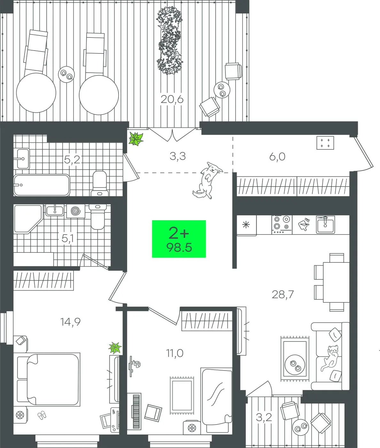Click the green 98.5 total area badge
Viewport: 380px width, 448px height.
coord(179,239)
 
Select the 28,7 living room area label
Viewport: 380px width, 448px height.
coord(283,294)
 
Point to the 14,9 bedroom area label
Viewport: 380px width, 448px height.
coord(70,322)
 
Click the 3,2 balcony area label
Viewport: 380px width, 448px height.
coord(264,417)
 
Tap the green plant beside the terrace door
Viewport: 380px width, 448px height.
coord(136,139)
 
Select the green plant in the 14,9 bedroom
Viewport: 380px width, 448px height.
coord(115,348)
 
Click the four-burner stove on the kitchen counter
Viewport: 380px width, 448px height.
coord(282,225)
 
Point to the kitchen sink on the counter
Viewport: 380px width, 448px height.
coord(325,224)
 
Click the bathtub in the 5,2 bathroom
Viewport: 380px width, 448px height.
coord(42,185)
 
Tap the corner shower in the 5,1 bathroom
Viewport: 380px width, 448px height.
coord(28,219)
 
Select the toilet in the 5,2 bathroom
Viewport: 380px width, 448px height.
coord(100,183)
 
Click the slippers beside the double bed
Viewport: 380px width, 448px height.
coord(42,415)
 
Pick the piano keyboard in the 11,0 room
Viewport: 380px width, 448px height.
coord(136,411)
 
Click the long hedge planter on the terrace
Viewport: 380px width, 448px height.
coord(169,40)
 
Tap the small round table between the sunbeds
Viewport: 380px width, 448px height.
coord(66,74)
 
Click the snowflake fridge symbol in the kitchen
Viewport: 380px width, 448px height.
coord(246,225)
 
